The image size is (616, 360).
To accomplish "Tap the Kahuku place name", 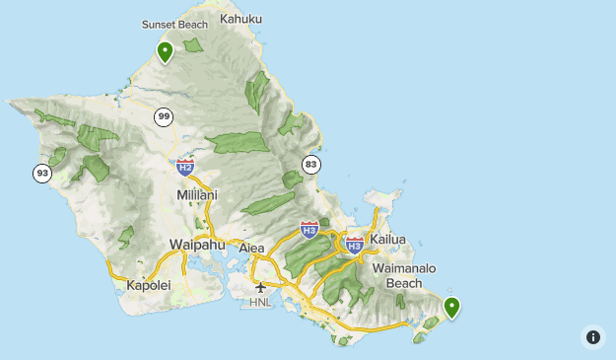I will coord(241,19).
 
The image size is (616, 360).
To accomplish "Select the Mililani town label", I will coord(197,195).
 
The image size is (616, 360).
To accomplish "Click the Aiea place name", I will coord(252,248).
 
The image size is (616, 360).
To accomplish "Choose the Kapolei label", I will coord(149,285).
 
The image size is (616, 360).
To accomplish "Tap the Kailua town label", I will coord(387,240).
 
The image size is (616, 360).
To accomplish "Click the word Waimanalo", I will coord(404,268).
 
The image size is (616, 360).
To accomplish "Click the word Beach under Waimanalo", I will coord(404,283).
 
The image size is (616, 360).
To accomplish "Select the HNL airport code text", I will coord(260,302).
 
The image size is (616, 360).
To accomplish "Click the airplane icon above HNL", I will coord(260,287).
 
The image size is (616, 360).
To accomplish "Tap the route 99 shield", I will coord(164,117).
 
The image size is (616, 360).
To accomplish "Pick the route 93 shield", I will coord(42,173).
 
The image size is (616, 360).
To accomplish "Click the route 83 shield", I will coord(311,164).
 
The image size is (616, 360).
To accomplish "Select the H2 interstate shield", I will coord(185,167).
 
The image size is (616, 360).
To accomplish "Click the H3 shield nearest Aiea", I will coord(308,230).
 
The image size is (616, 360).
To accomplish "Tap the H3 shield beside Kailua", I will coord(355,243).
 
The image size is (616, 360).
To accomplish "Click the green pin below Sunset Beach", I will coord(165,51).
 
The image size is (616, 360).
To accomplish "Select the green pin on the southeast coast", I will coord(451,308).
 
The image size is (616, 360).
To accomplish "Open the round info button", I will coord(592,336).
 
